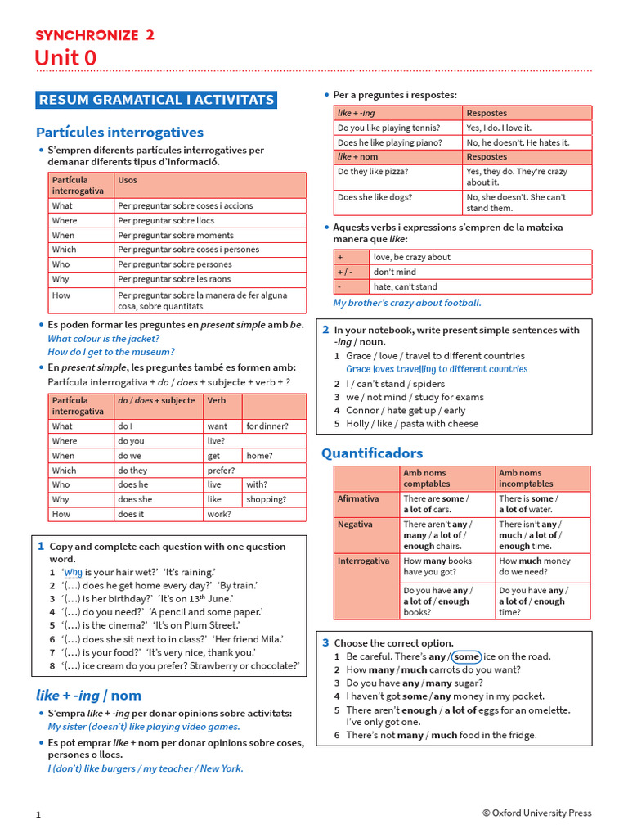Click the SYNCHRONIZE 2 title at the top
click(x=94, y=34)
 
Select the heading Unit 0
click(x=65, y=58)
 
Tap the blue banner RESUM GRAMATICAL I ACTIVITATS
click(x=156, y=100)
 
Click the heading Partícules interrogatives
click(x=119, y=132)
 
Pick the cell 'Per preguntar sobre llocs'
click(x=166, y=220)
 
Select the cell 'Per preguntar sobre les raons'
click(x=174, y=279)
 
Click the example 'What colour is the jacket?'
click(x=103, y=338)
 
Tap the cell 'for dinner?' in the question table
click(x=267, y=426)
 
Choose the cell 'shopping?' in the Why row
click(x=266, y=499)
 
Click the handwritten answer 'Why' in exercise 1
click(x=74, y=573)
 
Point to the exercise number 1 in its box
click(x=40, y=546)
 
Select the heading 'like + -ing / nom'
click(x=88, y=695)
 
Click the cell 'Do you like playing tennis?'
click(x=388, y=128)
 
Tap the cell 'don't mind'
click(x=394, y=272)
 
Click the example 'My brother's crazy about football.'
click(x=406, y=303)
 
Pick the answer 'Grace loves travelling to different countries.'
click(x=437, y=369)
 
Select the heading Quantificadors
click(x=372, y=453)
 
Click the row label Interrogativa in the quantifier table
click(x=363, y=561)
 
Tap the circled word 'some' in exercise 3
click(x=466, y=656)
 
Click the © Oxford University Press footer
click(x=536, y=813)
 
